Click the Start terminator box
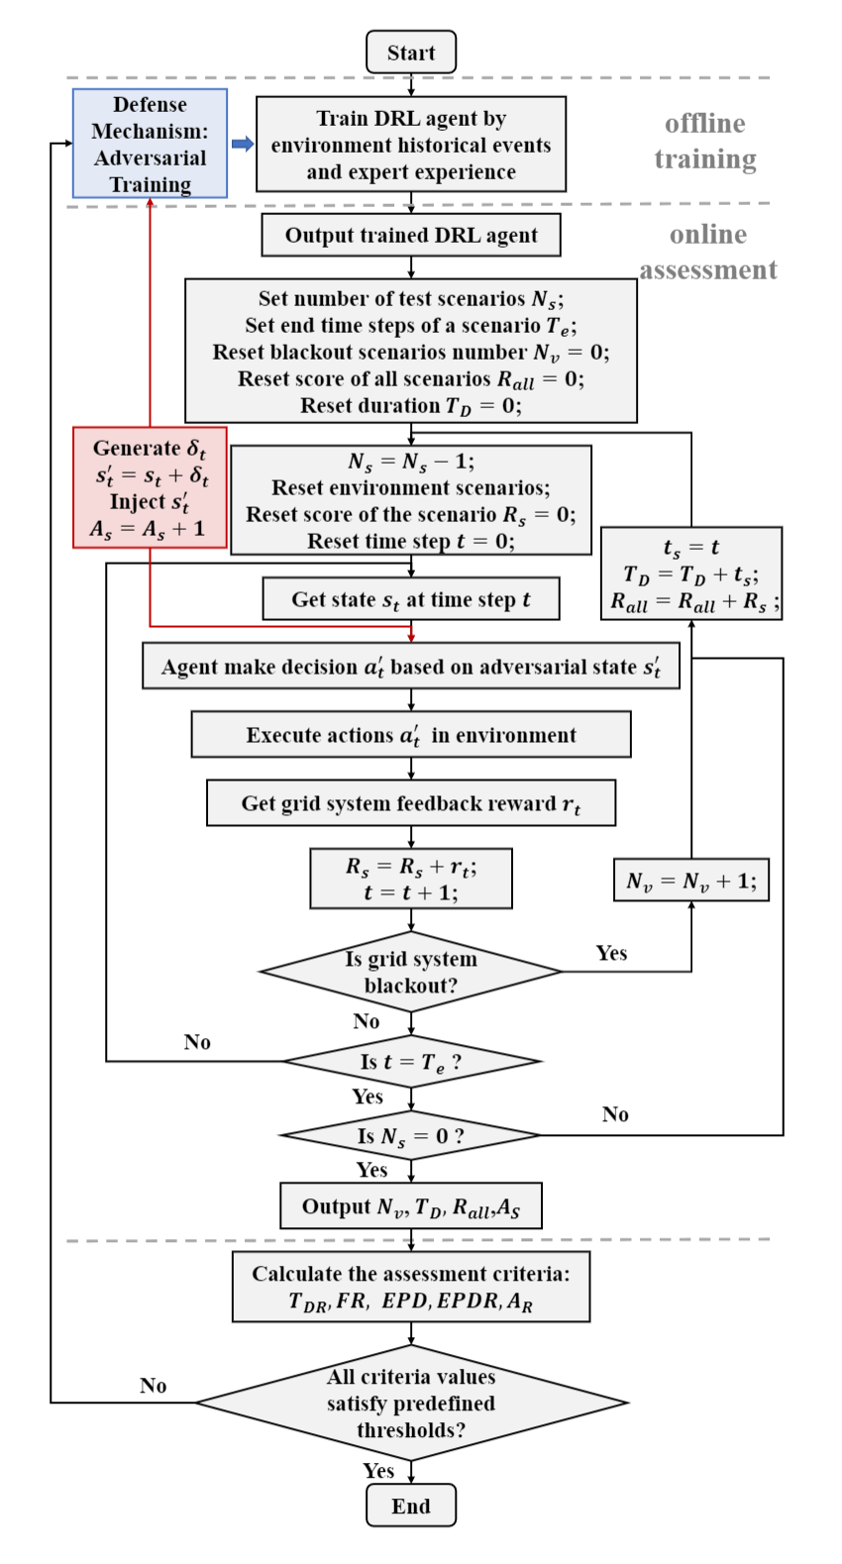[411, 52]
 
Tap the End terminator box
[411, 1506]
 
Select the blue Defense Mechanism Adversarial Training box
[150, 144]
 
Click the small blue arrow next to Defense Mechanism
[242, 144]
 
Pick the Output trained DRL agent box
[411, 236]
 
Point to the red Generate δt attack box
[150, 488]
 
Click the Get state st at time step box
[411, 599]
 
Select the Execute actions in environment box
[411, 735]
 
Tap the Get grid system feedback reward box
[411, 803]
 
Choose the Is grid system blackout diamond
[411, 972]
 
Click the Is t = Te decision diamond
[411, 1062]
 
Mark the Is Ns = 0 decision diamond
[411, 1136]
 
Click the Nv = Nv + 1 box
[690, 881]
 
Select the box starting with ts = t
[690, 574]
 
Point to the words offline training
[705, 142]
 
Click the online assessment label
[707, 253]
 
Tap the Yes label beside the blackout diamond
[611, 953]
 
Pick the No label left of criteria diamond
[153, 1386]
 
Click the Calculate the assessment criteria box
[411, 1287]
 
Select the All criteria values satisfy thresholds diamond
[411, 1403]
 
